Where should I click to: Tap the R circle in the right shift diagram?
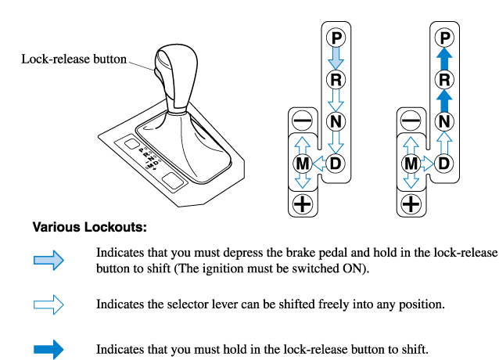point(444,79)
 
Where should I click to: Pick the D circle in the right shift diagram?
point(444,164)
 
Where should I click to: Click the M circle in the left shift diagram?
point(302,164)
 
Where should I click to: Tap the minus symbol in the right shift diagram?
point(410,121)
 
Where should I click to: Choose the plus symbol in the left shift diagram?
point(302,205)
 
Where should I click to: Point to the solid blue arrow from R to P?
point(444,58)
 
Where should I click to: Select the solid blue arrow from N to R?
point(444,100)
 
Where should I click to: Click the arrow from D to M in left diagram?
point(319,164)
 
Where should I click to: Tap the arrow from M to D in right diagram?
point(427,164)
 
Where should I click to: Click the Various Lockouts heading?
point(89,228)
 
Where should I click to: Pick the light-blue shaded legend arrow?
point(48,261)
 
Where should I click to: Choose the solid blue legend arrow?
point(48,348)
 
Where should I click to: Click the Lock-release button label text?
point(74,59)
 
